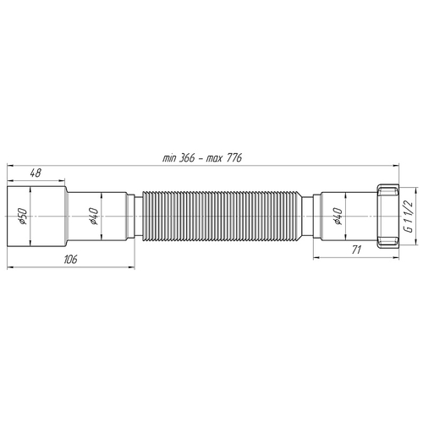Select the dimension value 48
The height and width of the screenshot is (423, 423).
click(36, 173)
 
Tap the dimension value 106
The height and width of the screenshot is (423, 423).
click(69, 260)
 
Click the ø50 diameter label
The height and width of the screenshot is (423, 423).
click(23, 217)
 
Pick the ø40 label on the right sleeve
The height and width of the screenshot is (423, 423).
click(338, 217)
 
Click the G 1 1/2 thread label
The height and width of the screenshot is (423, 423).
click(407, 217)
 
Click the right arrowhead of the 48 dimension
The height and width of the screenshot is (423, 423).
click(65, 180)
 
